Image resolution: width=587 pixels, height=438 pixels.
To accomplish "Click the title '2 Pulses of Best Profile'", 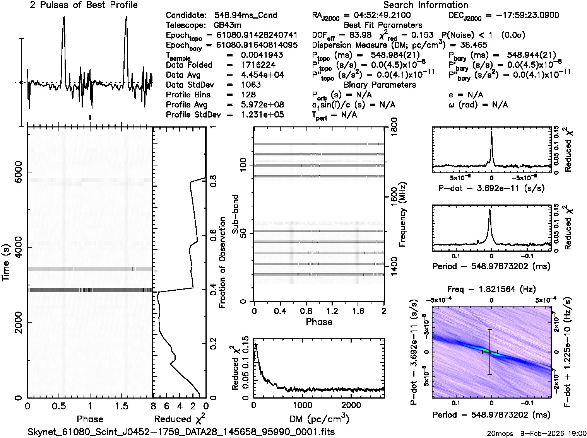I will [84, 5].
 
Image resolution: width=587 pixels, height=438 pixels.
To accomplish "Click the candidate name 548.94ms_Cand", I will [246, 15].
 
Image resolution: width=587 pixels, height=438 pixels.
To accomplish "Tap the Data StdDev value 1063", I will [251, 85].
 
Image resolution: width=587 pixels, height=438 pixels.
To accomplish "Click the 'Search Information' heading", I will [425, 5].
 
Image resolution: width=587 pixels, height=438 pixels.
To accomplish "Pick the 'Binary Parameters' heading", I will [380, 85].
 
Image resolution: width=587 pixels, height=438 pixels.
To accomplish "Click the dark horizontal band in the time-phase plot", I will [90, 290].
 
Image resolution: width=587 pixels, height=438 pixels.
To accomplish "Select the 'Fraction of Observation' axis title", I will [222, 262].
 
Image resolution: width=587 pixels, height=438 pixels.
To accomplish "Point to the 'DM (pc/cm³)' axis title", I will [320, 419].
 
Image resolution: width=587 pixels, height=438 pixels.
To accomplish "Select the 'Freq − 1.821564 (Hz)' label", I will [491, 289].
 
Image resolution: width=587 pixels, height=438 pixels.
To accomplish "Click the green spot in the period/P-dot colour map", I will [490, 351].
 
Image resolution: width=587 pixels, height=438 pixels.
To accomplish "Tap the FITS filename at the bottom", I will [181, 432].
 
